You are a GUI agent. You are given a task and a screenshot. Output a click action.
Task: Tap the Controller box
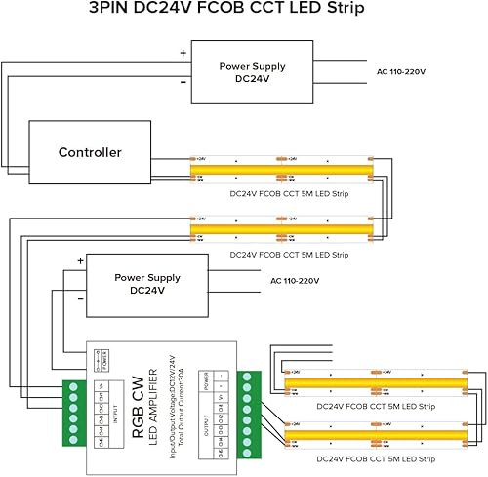[90, 153]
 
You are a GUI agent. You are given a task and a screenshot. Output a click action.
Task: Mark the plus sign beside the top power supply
[182, 53]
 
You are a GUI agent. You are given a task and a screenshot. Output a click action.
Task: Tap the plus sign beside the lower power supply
[79, 261]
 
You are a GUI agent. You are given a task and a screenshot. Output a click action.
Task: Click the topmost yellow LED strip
[283, 171]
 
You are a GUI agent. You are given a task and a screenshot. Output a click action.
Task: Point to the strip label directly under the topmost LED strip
[289, 194]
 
